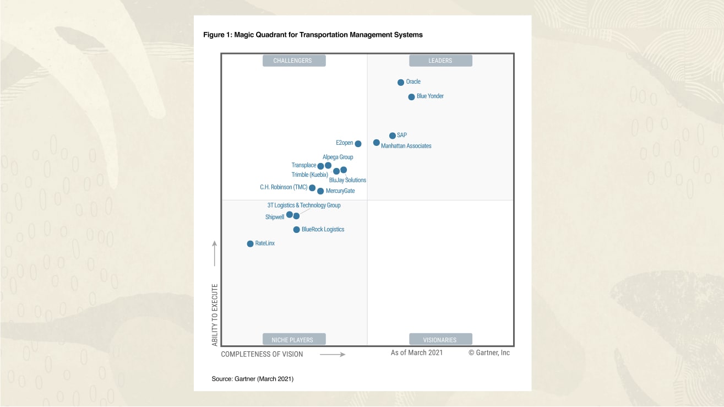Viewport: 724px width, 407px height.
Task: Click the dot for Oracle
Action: tap(401, 83)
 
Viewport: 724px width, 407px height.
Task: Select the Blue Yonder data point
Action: tap(411, 97)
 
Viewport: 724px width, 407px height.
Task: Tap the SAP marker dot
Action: tap(393, 135)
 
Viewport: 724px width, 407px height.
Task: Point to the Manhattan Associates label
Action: tap(406, 146)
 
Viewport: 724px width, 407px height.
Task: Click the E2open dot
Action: tap(358, 144)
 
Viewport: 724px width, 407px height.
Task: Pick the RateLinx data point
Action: tap(250, 243)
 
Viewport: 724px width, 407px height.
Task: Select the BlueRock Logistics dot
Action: tap(296, 230)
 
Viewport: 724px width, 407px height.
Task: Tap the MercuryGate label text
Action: tap(340, 191)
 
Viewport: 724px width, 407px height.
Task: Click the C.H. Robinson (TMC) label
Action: tap(284, 187)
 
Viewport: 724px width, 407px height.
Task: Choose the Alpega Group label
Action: tap(338, 157)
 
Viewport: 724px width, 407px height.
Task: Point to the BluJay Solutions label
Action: tap(347, 180)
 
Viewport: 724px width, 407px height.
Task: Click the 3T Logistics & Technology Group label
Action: tap(304, 205)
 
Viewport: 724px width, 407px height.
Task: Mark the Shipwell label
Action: tap(275, 217)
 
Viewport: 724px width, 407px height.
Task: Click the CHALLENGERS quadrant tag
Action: tap(292, 61)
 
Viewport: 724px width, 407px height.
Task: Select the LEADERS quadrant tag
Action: tap(440, 61)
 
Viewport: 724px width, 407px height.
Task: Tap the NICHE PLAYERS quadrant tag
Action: tap(292, 340)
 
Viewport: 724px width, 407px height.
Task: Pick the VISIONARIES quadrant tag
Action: tap(440, 340)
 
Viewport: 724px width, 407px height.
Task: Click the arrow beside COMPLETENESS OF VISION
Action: tap(333, 354)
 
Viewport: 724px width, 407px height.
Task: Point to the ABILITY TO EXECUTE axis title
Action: tap(215, 314)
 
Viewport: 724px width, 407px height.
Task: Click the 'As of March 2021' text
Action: tap(417, 352)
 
